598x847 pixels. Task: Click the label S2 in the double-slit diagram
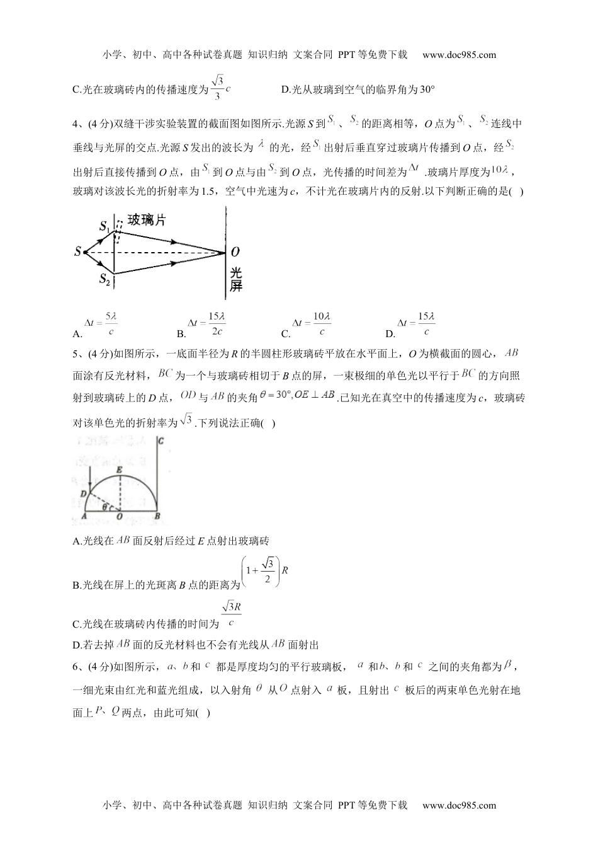[104, 279]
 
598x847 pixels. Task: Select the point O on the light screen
[235, 252]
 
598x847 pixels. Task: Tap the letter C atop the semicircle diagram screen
[162, 441]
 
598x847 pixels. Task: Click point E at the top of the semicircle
[119, 470]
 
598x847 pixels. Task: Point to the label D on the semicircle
[83, 493]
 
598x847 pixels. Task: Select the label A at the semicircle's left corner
[84, 517]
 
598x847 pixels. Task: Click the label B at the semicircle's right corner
[157, 517]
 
